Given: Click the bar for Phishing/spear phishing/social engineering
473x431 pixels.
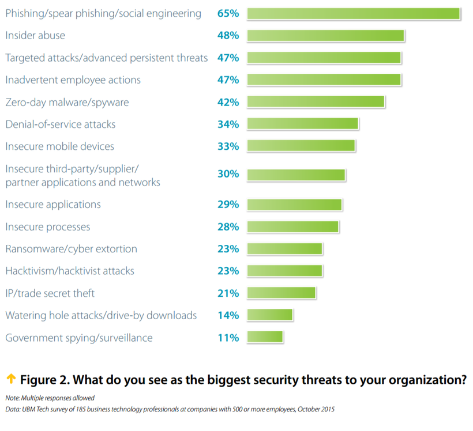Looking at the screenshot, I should click(353, 13).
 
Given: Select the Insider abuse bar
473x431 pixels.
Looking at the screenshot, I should click(325, 36).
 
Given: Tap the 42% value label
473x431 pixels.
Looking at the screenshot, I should click(228, 103).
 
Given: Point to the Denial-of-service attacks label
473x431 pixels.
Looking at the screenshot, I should click(61, 124).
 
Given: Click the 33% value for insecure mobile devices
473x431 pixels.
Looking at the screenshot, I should click(228, 146).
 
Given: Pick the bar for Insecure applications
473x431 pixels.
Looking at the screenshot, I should click(294, 205).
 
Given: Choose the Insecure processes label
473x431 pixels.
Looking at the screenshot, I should click(48, 227).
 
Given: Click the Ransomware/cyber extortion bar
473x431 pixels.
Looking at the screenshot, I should click(284, 249).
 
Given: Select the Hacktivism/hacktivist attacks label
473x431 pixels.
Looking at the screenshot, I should click(70, 271).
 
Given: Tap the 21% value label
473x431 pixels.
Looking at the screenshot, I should click(228, 293).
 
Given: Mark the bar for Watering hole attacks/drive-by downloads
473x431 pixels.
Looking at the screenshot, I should click(270, 315).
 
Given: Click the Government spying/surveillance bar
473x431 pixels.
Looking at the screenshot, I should click(265, 338).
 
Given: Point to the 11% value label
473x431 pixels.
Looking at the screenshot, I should click(228, 338).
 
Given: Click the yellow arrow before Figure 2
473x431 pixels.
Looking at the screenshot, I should click(10, 379).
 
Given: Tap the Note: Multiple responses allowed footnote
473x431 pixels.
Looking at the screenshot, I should click(50, 398).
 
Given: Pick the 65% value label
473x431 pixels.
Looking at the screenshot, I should click(228, 13).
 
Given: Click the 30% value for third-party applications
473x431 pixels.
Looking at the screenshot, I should click(228, 173).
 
